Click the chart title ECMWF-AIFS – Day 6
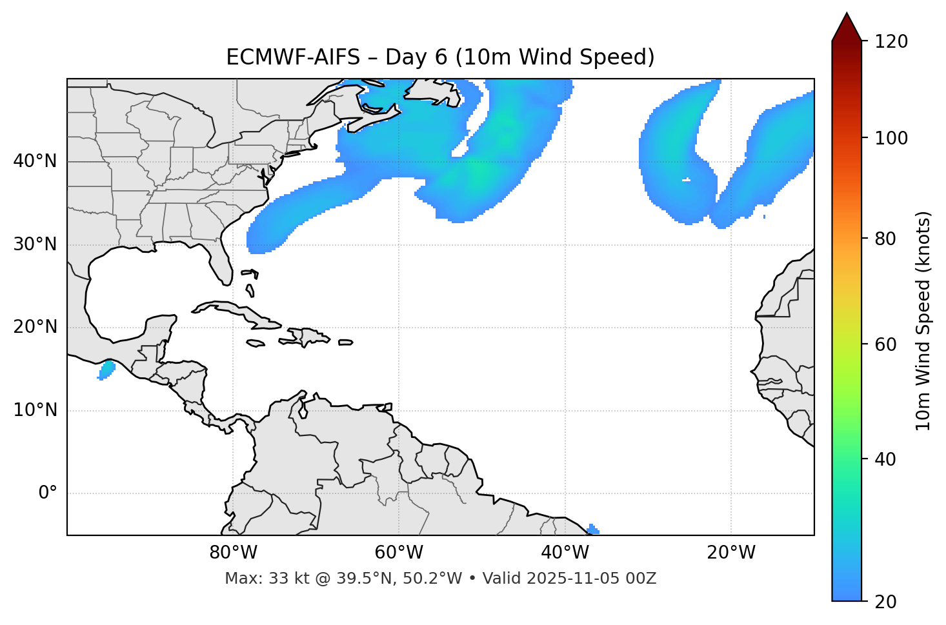(x=440, y=57)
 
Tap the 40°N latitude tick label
(x=35, y=161)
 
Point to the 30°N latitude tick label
(x=35, y=244)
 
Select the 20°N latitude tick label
(x=35, y=327)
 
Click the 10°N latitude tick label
(x=35, y=410)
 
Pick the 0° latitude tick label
(x=47, y=493)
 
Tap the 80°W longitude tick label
(x=233, y=553)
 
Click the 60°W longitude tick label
(x=399, y=553)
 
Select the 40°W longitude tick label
(x=565, y=553)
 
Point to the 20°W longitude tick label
(x=730, y=553)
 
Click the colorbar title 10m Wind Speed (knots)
(x=923, y=321)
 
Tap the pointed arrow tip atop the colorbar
(x=847, y=15)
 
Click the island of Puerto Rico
(x=346, y=342)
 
